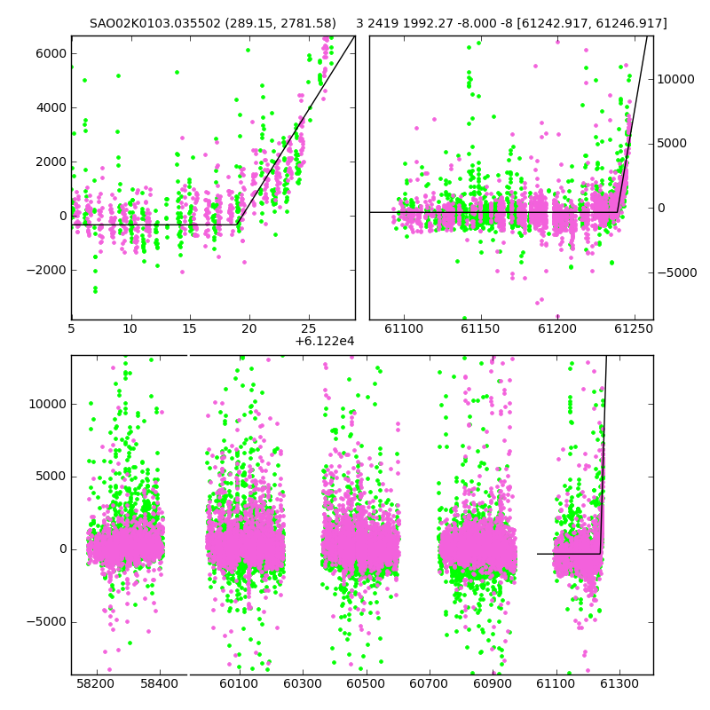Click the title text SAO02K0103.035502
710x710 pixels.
(155, 23)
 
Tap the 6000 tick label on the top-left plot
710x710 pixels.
(51, 53)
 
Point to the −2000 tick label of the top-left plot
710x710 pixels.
(47, 271)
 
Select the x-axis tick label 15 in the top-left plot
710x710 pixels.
(189, 328)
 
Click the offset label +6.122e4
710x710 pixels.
(325, 341)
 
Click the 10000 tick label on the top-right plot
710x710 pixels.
(675, 79)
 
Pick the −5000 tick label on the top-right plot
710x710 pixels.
(677, 272)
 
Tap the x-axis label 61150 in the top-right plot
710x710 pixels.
(480, 328)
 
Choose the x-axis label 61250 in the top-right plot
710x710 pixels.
(634, 328)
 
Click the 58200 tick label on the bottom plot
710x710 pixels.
(96, 683)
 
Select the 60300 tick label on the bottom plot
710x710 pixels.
(303, 683)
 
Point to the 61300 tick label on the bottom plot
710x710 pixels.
(619, 683)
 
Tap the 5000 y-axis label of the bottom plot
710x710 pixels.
(51, 477)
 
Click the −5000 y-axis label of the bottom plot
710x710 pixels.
(47, 622)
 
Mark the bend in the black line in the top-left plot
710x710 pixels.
(237, 225)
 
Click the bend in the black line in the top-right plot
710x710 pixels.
(617, 212)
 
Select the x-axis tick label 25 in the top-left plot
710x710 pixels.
(308, 328)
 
